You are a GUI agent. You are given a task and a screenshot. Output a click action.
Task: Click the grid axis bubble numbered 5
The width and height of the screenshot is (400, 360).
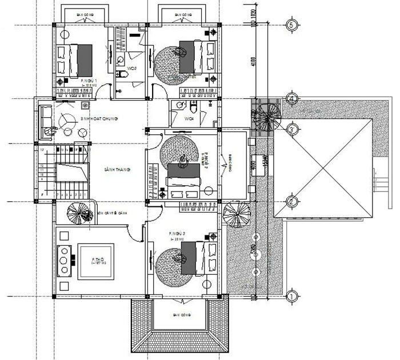[x=291, y=25]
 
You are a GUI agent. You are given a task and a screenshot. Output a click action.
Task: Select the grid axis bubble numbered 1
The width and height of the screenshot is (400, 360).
[x=291, y=296]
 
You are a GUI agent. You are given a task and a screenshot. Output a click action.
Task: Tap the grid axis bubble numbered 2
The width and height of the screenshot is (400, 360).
[x=291, y=201]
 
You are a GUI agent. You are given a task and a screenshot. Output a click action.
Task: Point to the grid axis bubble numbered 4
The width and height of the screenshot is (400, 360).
[x=291, y=98]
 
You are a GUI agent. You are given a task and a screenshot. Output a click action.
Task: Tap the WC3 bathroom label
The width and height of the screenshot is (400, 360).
[x=133, y=69]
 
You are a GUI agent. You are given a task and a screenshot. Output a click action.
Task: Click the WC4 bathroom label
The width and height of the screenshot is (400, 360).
[x=190, y=119]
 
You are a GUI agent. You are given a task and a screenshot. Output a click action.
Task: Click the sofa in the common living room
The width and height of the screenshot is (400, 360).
[x=46, y=121]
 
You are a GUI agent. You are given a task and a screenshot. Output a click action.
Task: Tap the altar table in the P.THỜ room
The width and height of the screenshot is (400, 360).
[x=64, y=259]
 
